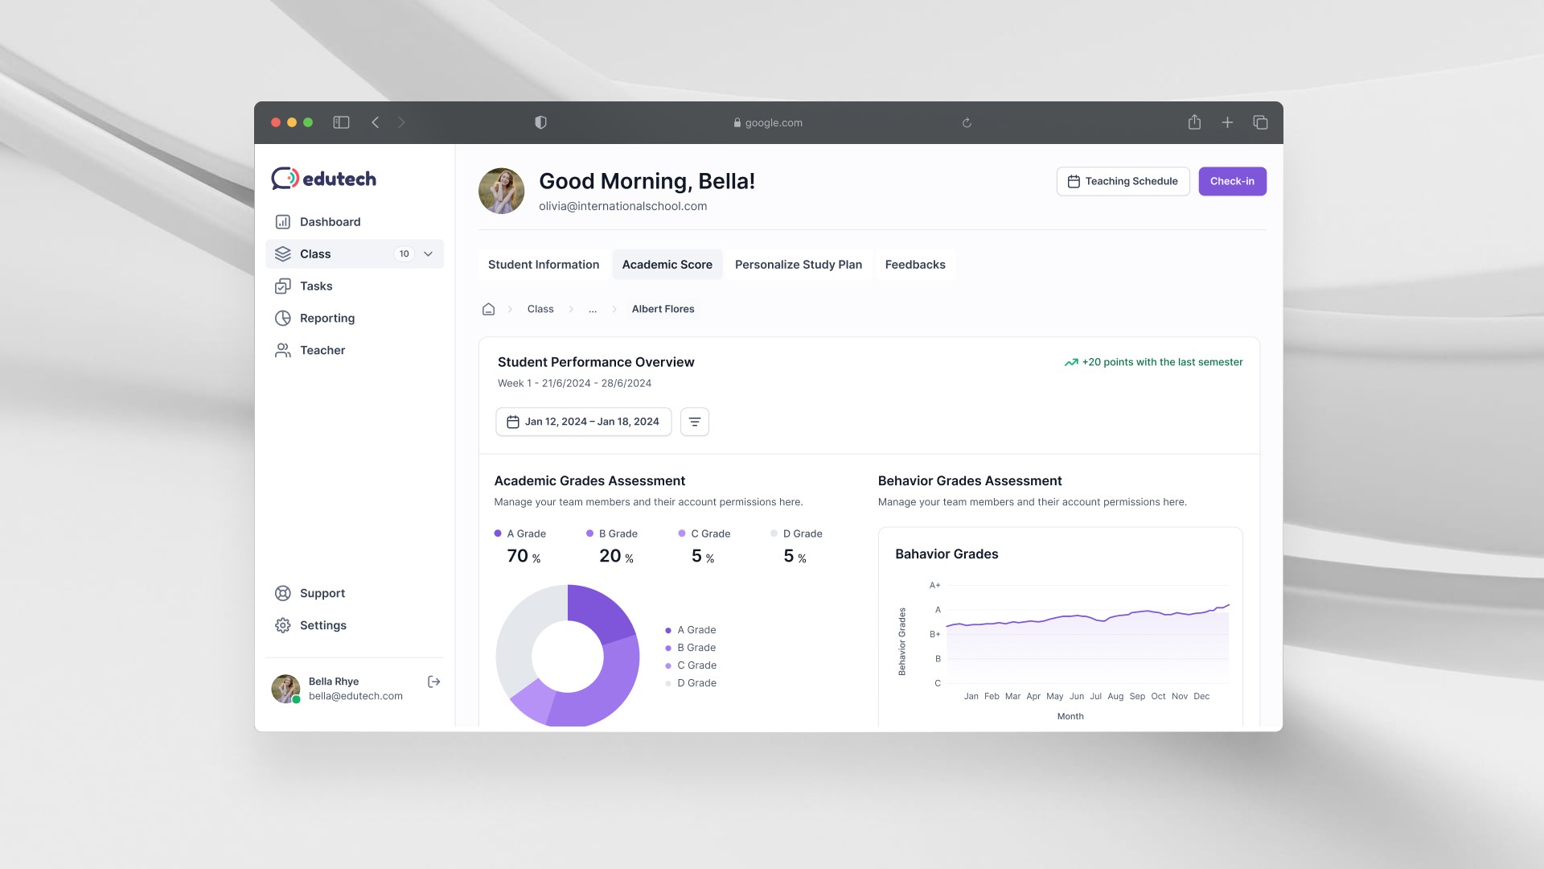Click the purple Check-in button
pos(1232,181)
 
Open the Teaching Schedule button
pos(1123,181)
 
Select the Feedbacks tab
pos(914,265)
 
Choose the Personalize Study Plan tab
pos(798,265)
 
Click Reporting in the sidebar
pos(326,318)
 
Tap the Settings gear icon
pos(282,625)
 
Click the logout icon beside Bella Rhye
pos(434,682)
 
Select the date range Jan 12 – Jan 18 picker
pos(583,422)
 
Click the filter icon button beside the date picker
pos(695,422)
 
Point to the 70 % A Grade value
pos(524,556)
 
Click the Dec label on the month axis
pos(1201,696)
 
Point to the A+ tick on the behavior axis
pos(934,585)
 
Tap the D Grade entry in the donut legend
pos(696,683)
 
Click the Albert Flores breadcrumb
pos(663,309)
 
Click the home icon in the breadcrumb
pos(488,309)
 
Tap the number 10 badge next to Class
pos(404,253)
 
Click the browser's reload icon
pos(967,123)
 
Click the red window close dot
pos(276,122)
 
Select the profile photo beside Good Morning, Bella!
pos(501,191)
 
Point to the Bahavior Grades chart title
pos(947,554)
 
